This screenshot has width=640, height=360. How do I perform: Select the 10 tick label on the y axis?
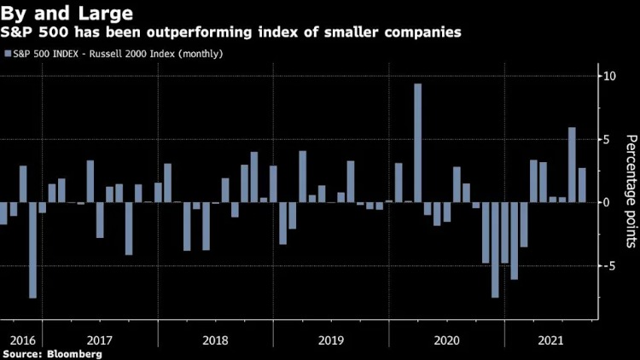[609, 76]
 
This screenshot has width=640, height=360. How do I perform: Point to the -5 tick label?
[609, 265]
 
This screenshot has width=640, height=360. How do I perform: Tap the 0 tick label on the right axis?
[607, 202]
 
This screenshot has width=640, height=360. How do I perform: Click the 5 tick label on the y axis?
[607, 139]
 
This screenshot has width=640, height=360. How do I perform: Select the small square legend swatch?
[8, 54]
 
